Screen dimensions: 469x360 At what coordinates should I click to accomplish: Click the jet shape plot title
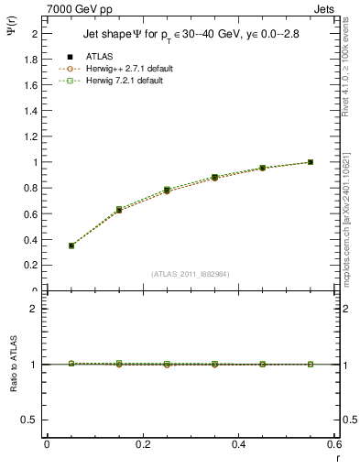(185, 35)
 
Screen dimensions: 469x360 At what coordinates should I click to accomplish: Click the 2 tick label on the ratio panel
(35, 309)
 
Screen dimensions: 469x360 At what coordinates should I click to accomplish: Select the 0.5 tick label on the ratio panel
(30, 420)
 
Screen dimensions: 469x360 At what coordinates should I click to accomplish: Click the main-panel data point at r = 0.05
(71, 245)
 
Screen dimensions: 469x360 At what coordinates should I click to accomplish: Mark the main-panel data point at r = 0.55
(311, 162)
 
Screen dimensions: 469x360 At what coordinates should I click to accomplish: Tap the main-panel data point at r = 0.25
(167, 190)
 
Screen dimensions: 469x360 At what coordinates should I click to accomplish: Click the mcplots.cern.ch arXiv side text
(349, 229)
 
